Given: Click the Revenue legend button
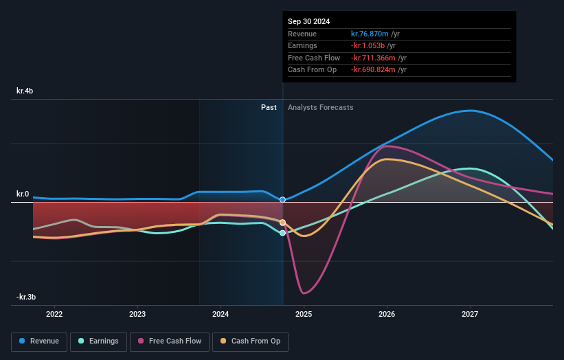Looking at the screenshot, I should click(x=39, y=341).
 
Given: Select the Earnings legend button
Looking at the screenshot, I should click(x=98, y=341).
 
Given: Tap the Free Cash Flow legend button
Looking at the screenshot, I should click(x=170, y=341).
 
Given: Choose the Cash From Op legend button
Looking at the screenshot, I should click(x=250, y=341).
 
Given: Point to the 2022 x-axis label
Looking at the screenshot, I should click(x=54, y=314).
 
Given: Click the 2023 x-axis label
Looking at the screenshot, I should click(x=137, y=314).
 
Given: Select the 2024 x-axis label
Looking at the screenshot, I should click(x=221, y=314).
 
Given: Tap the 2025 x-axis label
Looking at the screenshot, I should click(x=304, y=314).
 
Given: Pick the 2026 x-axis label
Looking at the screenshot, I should click(x=387, y=314).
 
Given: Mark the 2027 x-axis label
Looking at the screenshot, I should click(x=470, y=314).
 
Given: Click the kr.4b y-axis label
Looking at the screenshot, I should click(x=25, y=91).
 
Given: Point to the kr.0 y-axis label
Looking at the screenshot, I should click(x=23, y=194).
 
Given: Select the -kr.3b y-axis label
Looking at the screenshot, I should click(x=26, y=297).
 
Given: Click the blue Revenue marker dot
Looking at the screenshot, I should click(x=282, y=200).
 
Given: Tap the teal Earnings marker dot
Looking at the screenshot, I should click(x=282, y=233).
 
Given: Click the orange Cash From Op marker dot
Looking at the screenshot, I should click(x=282, y=222).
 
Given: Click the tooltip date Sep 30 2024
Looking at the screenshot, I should click(x=308, y=21).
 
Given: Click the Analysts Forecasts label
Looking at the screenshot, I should click(x=321, y=107).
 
